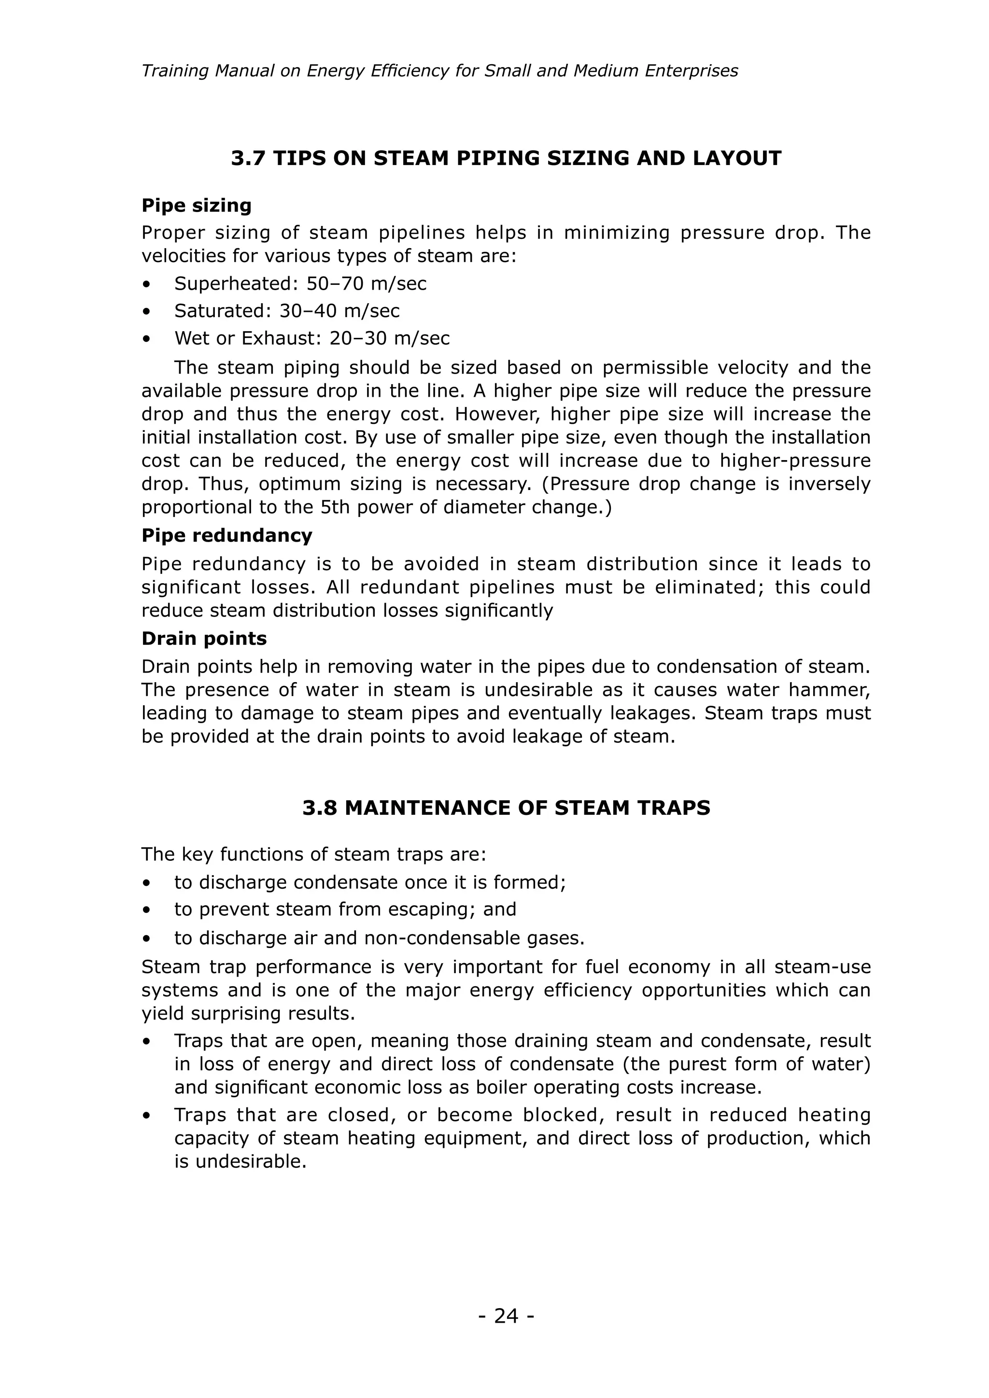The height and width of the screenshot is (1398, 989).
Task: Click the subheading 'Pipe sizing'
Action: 196,205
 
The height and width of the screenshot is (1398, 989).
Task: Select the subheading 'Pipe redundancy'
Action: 226,535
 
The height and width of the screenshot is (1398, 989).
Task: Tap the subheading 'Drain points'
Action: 204,638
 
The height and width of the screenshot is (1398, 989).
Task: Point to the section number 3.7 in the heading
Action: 249,158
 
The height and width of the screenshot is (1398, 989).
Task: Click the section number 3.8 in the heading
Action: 320,808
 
